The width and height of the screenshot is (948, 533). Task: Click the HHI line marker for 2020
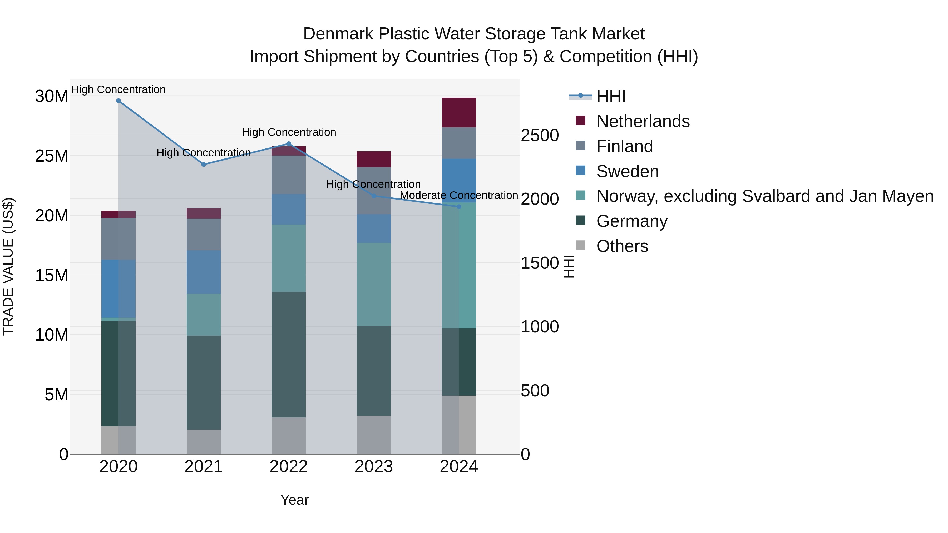[x=118, y=101]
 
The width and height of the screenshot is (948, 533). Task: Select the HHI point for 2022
[x=289, y=144]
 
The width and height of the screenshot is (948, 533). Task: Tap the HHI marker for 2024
[x=459, y=207]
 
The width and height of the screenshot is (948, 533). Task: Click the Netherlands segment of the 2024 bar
[x=459, y=113]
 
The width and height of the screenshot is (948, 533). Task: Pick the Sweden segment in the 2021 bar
[x=204, y=272]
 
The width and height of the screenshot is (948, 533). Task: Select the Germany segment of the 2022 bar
[x=289, y=355]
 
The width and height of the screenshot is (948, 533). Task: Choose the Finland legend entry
[x=625, y=146]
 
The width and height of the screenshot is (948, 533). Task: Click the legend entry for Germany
[x=631, y=221]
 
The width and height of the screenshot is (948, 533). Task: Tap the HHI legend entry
[x=611, y=96]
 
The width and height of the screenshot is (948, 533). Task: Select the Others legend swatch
[x=580, y=245]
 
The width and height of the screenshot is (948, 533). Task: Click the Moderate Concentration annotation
[x=459, y=195]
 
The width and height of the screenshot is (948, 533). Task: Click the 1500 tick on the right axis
[x=540, y=263]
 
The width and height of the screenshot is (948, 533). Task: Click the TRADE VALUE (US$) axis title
[x=8, y=266]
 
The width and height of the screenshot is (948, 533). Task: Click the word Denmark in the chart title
[x=339, y=34]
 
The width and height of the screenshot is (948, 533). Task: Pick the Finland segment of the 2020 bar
[x=118, y=239]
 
